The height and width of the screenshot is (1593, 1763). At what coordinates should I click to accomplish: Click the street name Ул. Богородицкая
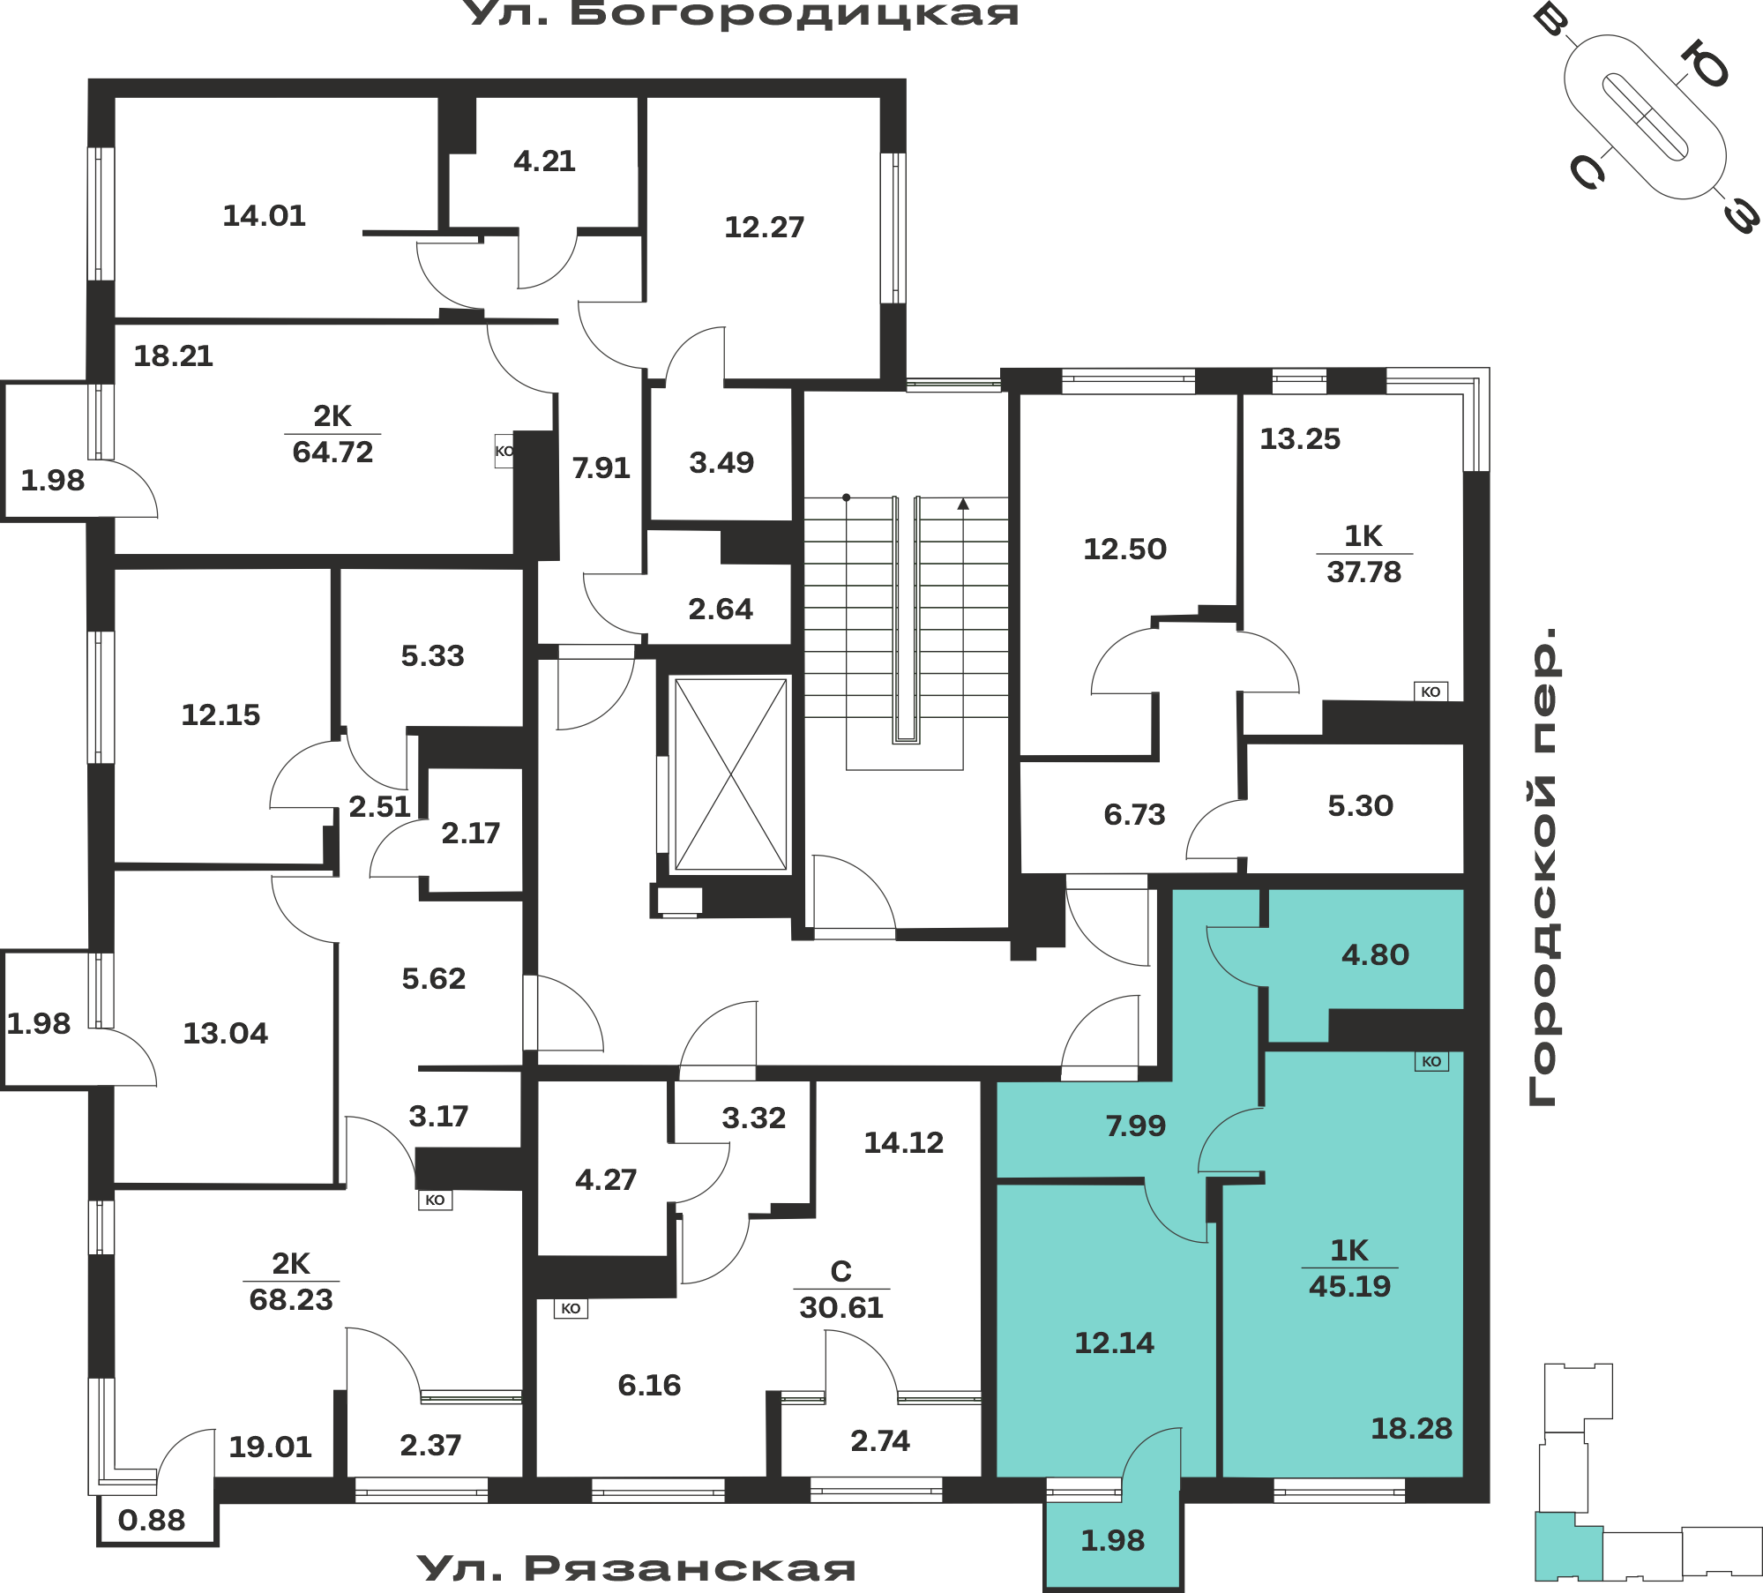pos(741,14)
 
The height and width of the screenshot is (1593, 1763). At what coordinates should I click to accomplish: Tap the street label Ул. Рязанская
pos(636,1568)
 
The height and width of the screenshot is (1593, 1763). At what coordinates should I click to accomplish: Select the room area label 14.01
pos(264,216)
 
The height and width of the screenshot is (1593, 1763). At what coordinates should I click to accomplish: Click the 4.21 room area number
pos(544,161)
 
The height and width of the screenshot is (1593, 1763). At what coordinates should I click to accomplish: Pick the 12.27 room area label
pos(764,228)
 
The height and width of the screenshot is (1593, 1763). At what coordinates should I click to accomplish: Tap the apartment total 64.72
pos(332,452)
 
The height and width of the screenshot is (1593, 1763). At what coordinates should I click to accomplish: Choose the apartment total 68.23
pos(291,1300)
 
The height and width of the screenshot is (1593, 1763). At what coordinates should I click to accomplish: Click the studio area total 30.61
pos(841,1308)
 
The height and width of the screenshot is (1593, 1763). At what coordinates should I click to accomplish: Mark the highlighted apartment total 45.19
pos(1349,1287)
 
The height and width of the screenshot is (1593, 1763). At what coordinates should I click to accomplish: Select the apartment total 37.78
pos(1363,572)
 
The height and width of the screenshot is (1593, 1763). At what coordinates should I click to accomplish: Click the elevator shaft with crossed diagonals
pos(730,774)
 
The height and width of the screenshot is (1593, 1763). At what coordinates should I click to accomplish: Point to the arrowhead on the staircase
pos(963,504)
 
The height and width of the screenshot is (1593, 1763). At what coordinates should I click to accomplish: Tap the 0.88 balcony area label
pos(152,1521)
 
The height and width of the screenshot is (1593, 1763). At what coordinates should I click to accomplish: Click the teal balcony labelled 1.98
pos(1113,1542)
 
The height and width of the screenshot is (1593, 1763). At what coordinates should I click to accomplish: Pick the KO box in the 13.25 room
pos(1431,692)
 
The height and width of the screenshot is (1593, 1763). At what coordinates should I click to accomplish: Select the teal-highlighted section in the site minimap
pos(1568,1546)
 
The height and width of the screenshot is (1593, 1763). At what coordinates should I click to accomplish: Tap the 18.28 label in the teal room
pos(1411,1429)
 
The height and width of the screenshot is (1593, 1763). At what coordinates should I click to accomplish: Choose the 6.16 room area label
pos(649,1386)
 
